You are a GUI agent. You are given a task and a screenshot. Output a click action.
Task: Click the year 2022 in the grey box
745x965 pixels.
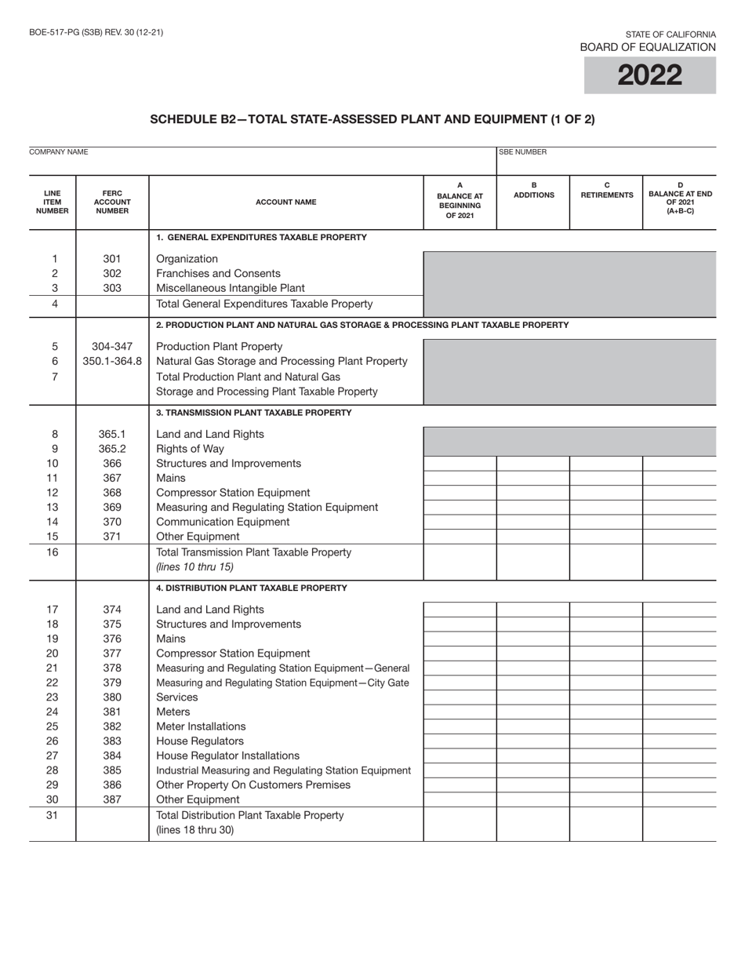click(649, 75)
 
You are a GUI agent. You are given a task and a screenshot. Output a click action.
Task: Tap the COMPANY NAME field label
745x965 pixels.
click(58, 152)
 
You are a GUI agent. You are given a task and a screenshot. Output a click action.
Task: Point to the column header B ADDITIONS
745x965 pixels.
click(533, 191)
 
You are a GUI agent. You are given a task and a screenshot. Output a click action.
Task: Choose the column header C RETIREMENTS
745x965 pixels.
click(606, 191)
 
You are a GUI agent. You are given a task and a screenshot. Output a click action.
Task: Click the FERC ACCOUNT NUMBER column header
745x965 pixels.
click(112, 202)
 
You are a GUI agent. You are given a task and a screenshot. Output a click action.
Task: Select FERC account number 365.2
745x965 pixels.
click(112, 449)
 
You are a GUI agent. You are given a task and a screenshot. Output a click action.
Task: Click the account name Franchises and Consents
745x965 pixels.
click(218, 273)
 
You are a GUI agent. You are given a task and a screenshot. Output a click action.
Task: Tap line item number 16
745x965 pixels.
click(54, 552)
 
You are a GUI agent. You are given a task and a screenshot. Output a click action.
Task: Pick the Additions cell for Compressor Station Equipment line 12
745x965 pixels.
click(533, 493)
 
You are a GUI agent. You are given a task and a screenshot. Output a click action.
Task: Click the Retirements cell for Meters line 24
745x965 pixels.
click(606, 712)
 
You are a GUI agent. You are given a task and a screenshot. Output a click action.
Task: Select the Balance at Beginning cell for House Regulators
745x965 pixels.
click(460, 741)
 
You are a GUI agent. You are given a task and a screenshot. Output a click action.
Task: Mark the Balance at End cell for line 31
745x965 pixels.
click(679, 822)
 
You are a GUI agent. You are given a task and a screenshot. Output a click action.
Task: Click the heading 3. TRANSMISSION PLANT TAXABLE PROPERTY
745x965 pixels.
click(254, 413)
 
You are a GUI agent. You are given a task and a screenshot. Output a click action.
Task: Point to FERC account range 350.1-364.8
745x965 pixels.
click(112, 361)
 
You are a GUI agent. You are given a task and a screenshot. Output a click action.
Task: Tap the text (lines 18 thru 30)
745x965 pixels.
click(195, 829)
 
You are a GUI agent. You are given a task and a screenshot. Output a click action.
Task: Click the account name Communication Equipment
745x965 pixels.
click(223, 522)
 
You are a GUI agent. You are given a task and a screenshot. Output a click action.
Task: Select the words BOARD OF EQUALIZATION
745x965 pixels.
click(648, 47)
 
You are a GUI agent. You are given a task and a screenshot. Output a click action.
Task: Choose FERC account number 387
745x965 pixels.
click(112, 799)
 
